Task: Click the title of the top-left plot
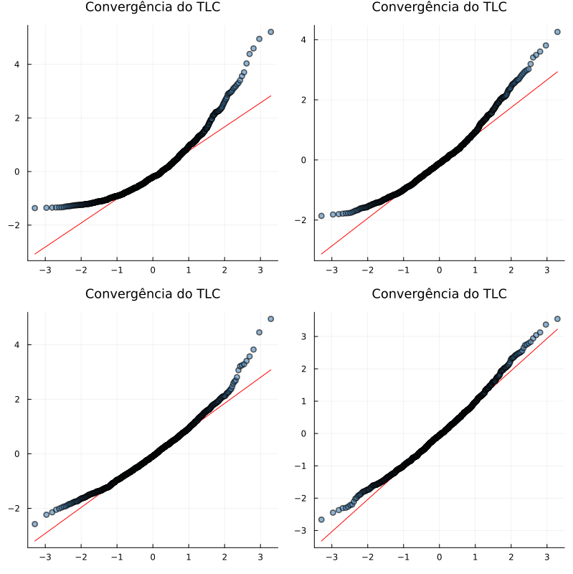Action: (153, 7)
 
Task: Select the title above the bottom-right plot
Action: (439, 294)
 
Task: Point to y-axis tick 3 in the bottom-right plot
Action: (303, 336)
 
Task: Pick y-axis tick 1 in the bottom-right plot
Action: (303, 401)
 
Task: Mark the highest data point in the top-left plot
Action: (270, 32)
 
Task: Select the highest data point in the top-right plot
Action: (557, 32)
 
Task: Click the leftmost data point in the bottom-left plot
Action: (34, 524)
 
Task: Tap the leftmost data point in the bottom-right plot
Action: (321, 519)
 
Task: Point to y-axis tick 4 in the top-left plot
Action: (16, 65)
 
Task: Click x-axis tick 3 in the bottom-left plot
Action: (260, 557)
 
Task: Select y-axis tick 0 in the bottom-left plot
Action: (16, 453)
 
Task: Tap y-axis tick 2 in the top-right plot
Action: (303, 100)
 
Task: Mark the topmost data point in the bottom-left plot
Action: (270, 319)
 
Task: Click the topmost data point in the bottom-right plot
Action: (557, 319)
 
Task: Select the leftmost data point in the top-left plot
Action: (34, 208)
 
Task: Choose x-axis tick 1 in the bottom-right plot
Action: (475, 557)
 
